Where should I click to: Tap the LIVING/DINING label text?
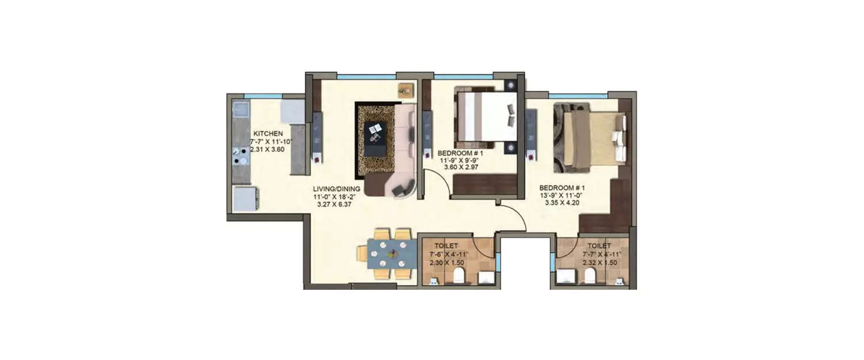point(337,188)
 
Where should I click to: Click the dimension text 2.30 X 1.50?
point(446,263)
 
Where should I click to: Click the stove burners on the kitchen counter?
point(239,157)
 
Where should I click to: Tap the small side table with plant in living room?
point(406,90)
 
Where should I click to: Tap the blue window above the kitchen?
point(263,96)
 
